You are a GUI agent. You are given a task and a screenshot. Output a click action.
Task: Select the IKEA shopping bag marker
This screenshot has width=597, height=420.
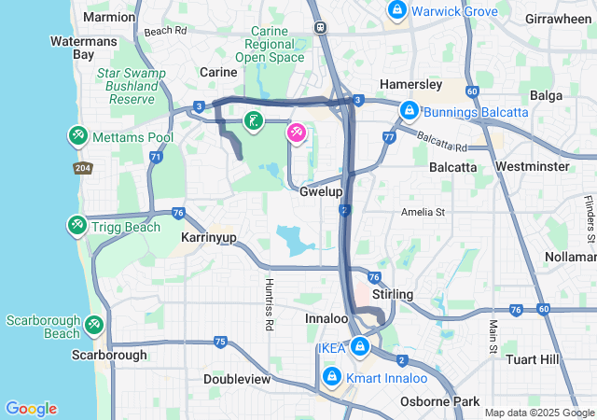coord(359,348)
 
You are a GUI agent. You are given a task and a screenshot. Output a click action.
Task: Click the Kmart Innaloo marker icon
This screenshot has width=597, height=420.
coord(331,377)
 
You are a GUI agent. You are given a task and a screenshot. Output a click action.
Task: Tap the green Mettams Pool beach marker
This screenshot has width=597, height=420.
coord(76,136)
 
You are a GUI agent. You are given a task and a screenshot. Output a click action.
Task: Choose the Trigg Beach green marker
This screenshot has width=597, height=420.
coord(76,226)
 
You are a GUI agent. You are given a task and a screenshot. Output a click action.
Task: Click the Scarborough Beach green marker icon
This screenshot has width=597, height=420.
coord(93,325)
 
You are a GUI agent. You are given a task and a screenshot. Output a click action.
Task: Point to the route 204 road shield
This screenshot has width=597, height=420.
coord(83,167)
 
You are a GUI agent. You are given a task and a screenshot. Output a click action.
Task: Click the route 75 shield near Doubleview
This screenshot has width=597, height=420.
coord(219,343)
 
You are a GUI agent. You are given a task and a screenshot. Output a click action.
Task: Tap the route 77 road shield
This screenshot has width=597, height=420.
coord(388,137)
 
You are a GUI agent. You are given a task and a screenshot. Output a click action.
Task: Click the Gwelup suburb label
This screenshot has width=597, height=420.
coord(322,191)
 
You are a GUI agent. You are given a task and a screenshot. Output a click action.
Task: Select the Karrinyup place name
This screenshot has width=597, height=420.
coord(206,238)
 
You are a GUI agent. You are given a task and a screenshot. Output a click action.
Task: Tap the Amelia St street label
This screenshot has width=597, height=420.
coord(423,212)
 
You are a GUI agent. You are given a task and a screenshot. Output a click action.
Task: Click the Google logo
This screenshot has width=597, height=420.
coord(31,408)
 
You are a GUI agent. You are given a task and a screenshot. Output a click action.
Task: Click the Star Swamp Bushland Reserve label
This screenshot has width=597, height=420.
coord(131,86)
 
